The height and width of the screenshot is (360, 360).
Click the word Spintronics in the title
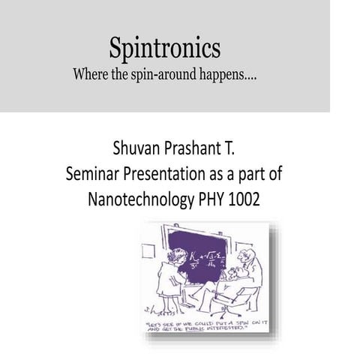point(165,49)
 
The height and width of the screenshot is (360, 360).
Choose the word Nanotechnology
point(148,200)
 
